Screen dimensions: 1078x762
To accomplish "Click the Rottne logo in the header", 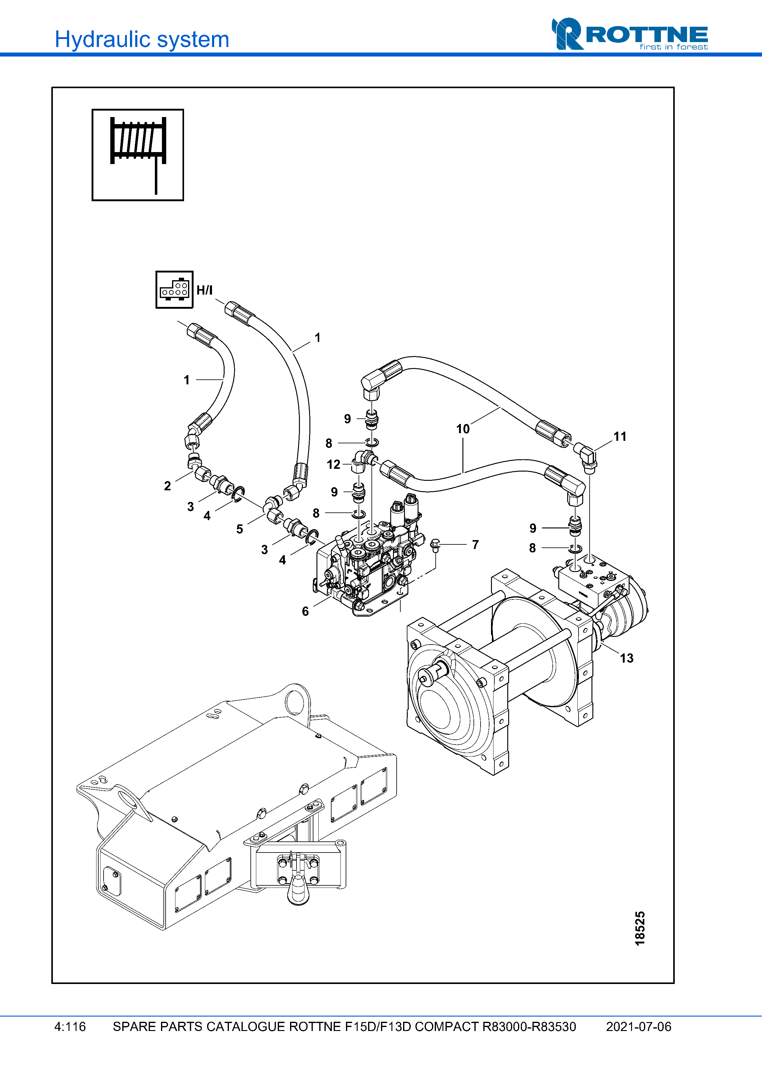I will (x=629, y=34).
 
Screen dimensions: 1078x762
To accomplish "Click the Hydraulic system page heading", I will (x=142, y=39).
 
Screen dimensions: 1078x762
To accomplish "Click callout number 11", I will (x=620, y=437).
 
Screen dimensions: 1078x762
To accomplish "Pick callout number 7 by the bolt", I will (x=475, y=545).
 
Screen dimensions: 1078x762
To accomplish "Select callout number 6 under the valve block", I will (x=305, y=611).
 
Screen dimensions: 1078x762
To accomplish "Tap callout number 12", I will (x=333, y=465).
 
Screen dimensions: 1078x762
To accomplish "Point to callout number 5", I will (x=239, y=529).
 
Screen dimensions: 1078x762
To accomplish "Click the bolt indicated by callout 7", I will (x=435, y=546).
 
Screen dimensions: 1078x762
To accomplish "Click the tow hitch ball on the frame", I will (x=298, y=889).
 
